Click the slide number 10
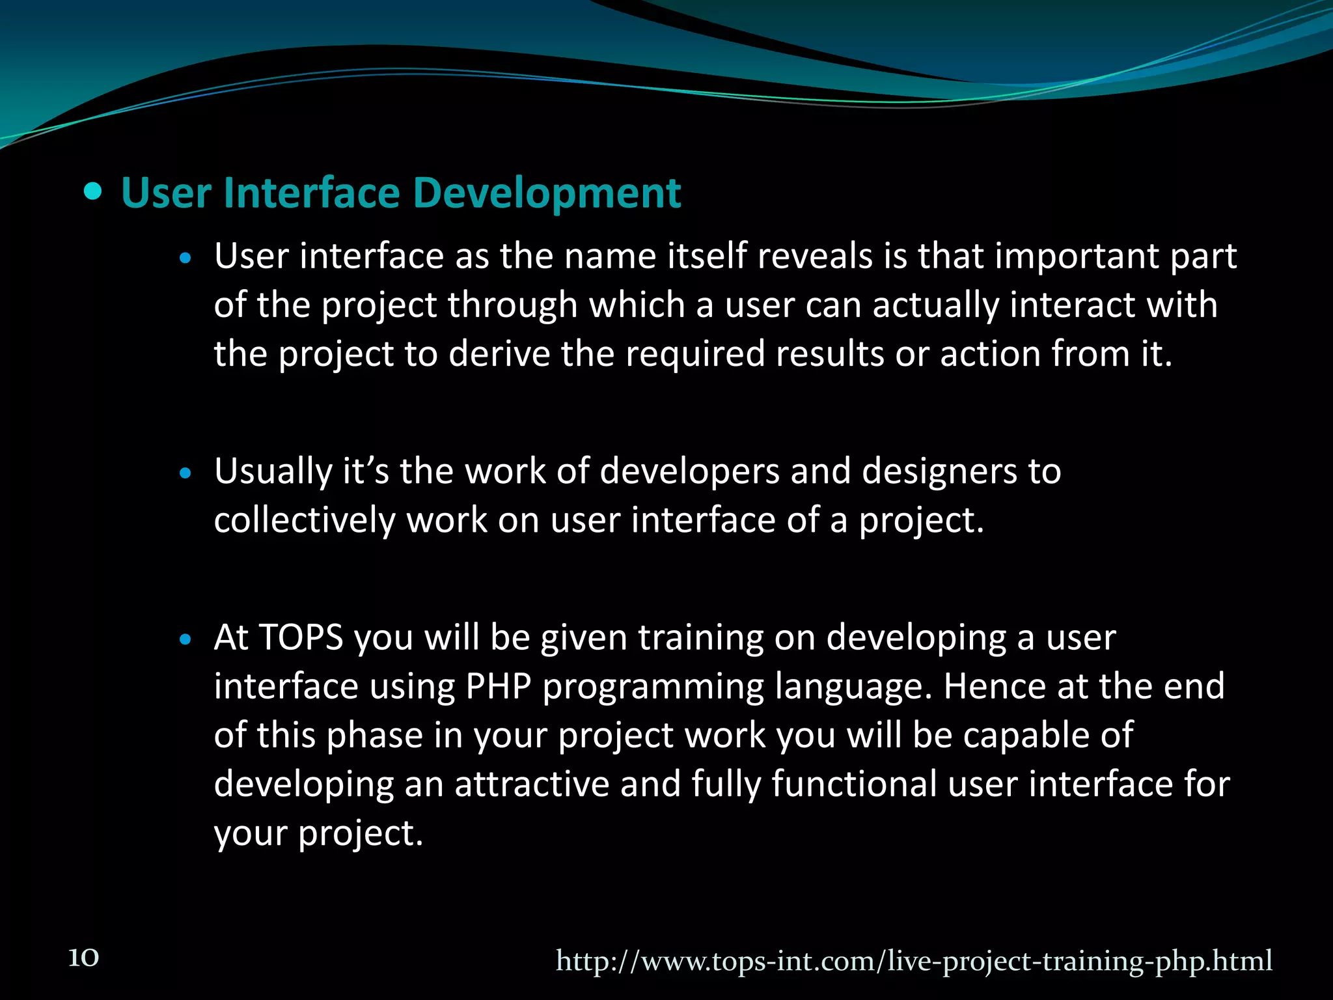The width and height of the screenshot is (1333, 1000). point(84,958)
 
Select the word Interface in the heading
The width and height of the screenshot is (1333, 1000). point(311,193)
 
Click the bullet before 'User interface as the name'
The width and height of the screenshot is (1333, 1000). point(186,258)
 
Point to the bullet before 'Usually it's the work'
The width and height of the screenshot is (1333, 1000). point(186,473)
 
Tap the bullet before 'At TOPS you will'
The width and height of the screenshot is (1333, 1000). point(186,640)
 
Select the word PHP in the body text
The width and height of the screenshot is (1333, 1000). point(499,686)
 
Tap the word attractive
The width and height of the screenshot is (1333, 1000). point(532,784)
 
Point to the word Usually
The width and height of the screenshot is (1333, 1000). point(273,472)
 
